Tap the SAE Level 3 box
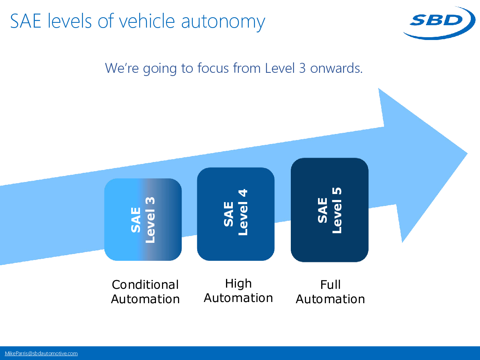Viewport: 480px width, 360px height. pos(143,220)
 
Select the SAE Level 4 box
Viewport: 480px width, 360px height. pos(236,214)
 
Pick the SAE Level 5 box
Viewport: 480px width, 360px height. pos(329,210)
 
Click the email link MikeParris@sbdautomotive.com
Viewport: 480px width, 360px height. pos(41,353)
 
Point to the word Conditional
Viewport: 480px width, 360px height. pos(145,285)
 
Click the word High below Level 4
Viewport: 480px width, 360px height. pos(238,284)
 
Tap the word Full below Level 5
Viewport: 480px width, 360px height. pos(330,285)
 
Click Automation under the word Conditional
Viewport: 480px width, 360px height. pos(145,299)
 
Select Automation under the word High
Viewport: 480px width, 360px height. pos(238,298)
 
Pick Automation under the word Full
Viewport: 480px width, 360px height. pos(330,299)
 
